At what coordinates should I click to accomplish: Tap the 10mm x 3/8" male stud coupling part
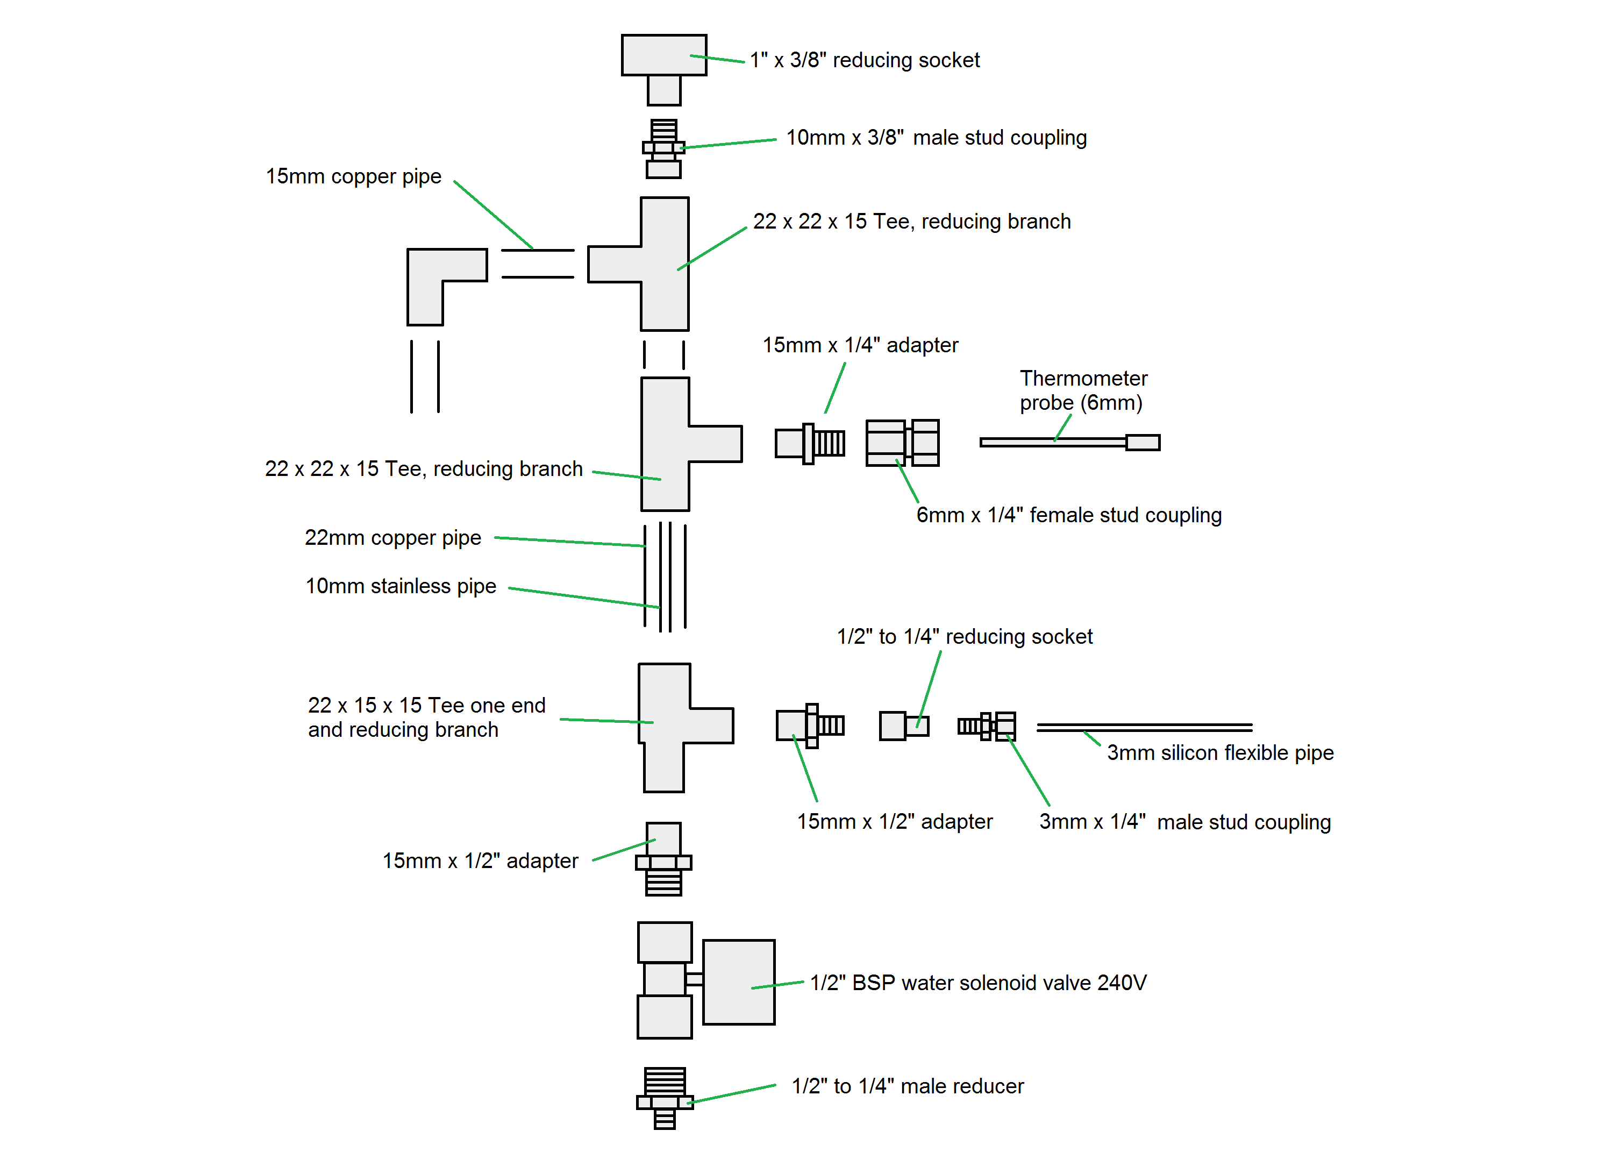663,149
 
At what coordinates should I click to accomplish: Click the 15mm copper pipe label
353,176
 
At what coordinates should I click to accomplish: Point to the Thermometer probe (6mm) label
1083,390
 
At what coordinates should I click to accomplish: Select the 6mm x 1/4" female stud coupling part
902,443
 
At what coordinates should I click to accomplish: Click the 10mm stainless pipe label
401,586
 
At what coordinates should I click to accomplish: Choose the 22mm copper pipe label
393,538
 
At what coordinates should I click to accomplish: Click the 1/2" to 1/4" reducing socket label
964,636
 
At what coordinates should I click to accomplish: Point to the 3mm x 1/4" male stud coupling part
988,726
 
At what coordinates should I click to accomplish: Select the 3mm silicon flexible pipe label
1219,752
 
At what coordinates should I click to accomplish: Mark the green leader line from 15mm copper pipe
493,214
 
